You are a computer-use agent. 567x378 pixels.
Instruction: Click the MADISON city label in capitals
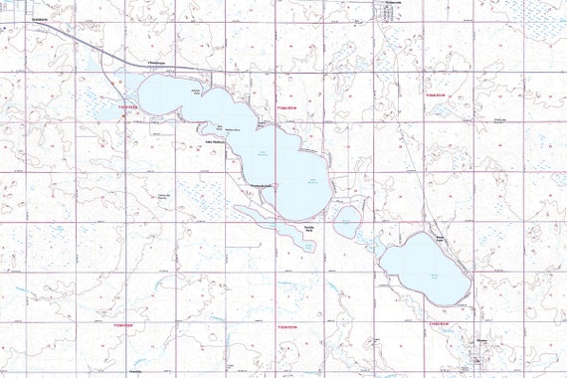coord(40,19)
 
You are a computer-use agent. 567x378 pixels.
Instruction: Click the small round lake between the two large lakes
coord(346,221)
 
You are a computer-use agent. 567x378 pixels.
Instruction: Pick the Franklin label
coord(135,366)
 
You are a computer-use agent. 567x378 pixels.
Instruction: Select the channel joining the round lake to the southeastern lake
coord(370,240)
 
